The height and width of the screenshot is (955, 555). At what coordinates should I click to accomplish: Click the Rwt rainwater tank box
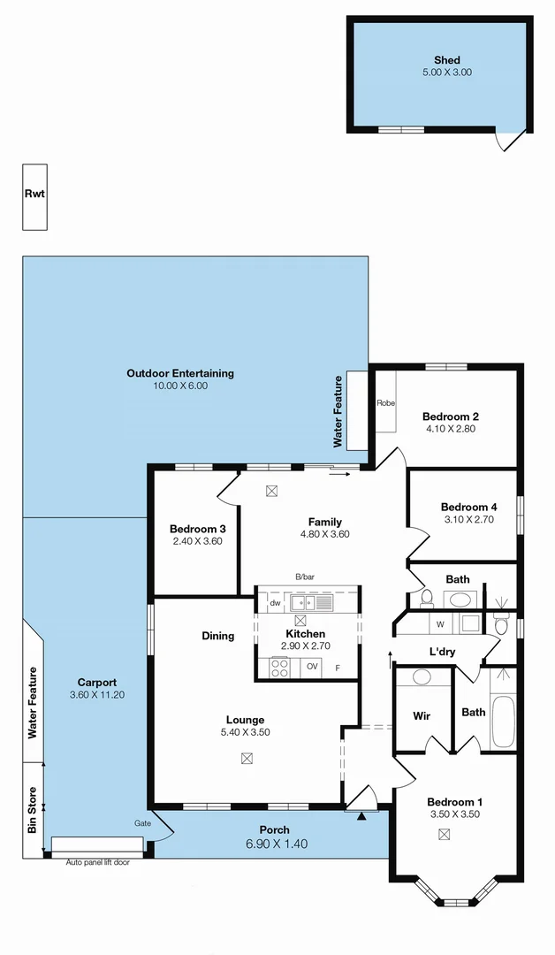click(x=34, y=196)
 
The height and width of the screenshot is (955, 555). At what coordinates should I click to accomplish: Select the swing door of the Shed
click(x=511, y=140)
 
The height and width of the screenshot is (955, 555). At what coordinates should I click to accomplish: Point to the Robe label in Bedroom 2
click(x=385, y=403)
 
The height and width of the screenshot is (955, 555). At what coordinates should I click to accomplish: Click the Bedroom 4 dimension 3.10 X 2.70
click(x=468, y=520)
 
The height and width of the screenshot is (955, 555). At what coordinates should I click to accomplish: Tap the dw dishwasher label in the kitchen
click(x=275, y=603)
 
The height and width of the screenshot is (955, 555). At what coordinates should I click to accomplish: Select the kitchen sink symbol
click(x=310, y=603)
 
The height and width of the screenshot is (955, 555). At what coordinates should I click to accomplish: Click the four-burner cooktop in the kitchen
click(x=279, y=668)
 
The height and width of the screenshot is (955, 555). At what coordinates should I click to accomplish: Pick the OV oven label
click(x=312, y=667)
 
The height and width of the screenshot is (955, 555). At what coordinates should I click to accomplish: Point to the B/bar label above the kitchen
click(x=305, y=577)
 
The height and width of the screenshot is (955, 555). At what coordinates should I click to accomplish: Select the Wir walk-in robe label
click(x=422, y=716)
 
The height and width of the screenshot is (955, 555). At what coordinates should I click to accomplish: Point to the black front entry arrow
click(x=361, y=816)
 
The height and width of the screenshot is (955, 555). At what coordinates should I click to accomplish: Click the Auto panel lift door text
click(x=97, y=861)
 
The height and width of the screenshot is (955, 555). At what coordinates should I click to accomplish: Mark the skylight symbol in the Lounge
click(x=247, y=757)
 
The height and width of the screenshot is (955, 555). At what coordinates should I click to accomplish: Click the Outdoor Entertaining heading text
click(x=180, y=373)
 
